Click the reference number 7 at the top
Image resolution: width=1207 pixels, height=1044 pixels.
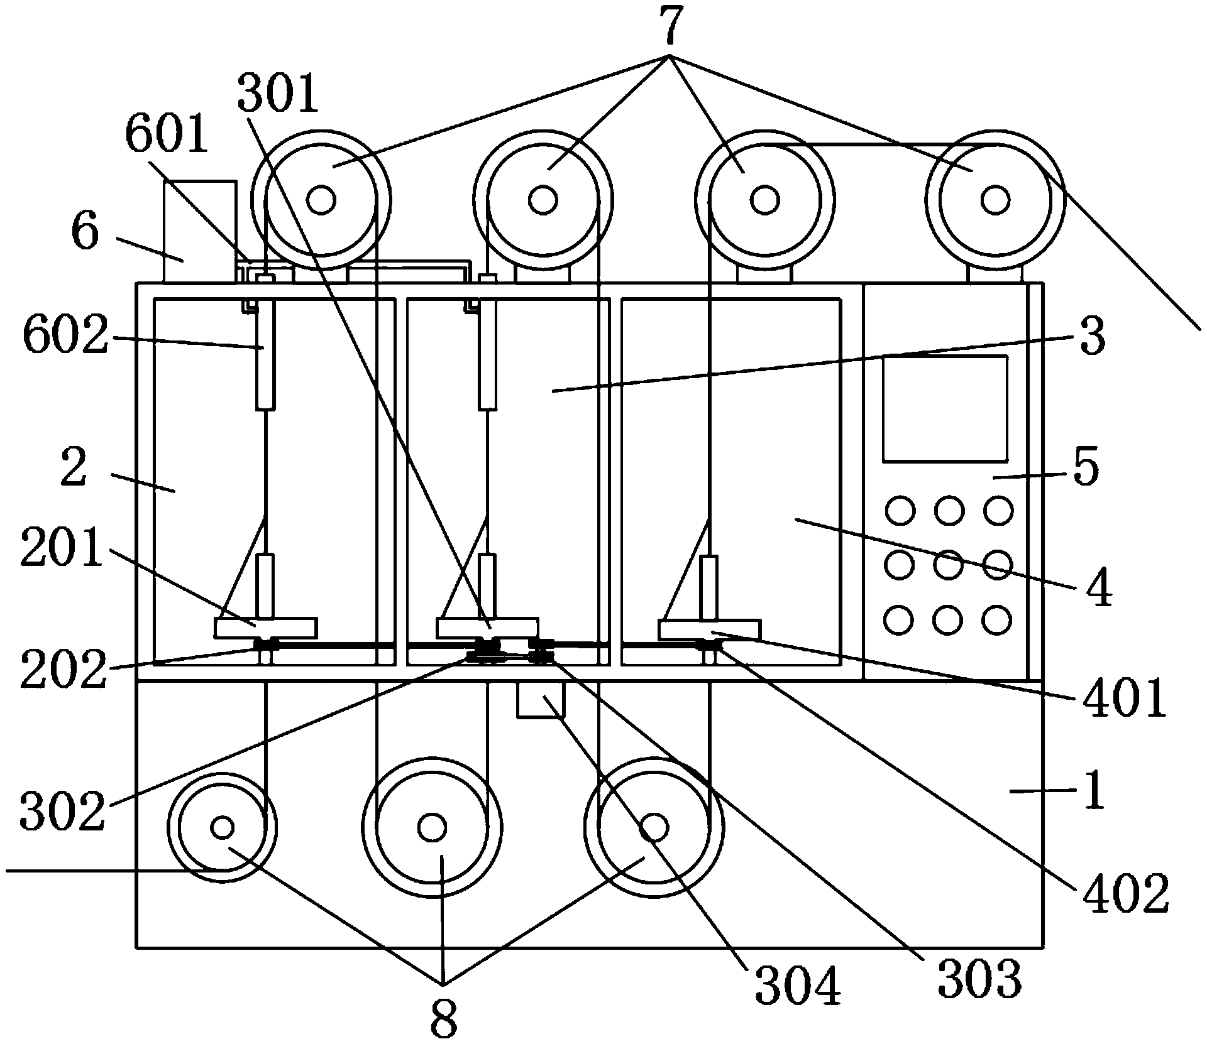point(670,26)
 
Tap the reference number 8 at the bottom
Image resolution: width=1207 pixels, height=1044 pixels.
point(444,1018)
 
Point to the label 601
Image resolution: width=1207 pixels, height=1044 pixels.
point(167,135)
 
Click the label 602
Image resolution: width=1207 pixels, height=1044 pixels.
point(65,337)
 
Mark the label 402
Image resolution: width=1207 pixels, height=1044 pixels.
point(1123,893)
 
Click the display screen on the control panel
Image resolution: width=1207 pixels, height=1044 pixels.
point(945,409)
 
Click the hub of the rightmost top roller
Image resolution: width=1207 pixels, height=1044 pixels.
point(995,200)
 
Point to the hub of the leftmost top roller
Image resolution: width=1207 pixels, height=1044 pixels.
point(321,200)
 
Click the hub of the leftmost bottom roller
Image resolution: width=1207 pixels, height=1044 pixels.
point(222,827)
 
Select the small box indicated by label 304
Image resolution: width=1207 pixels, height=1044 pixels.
point(541,699)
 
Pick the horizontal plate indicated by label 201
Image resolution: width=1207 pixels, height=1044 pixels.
point(266,628)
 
